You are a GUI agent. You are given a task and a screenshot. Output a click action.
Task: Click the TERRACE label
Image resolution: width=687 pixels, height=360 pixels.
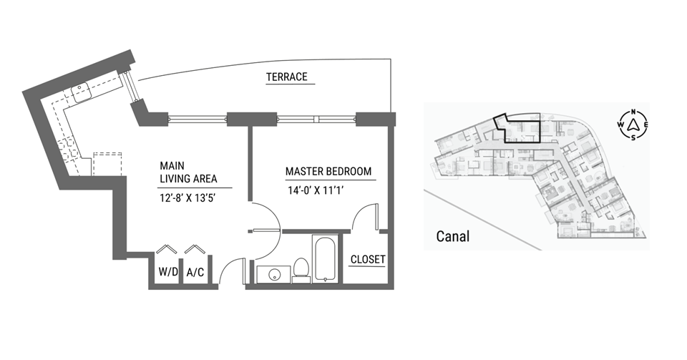pos(287,77)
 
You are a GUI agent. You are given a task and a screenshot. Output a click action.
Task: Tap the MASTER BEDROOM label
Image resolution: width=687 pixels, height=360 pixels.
pos(328,171)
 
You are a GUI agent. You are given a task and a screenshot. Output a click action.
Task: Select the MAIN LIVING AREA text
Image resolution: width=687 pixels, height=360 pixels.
pos(188,172)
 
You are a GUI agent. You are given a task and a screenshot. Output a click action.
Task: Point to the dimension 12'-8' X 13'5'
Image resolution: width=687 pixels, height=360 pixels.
pos(188,198)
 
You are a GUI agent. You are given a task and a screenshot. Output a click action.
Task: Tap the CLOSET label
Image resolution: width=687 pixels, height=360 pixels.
pos(368,259)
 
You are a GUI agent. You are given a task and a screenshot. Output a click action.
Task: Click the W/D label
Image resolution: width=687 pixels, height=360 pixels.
pos(168,272)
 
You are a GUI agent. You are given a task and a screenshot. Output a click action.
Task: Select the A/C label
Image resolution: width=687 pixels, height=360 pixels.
pos(195,273)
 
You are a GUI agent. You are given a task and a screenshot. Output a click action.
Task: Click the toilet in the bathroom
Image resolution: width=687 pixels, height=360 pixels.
pos(301,271)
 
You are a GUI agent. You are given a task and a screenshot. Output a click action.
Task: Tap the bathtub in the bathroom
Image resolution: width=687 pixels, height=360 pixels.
pos(325,259)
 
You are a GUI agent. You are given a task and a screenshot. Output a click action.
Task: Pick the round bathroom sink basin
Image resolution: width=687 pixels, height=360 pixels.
pos(274,275)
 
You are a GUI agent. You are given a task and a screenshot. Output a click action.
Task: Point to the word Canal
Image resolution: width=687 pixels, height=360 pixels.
pos(452,236)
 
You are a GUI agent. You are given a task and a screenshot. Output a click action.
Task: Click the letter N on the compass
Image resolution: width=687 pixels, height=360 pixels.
pos(633,112)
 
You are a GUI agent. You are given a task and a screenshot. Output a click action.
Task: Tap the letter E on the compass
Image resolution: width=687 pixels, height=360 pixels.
pos(645,125)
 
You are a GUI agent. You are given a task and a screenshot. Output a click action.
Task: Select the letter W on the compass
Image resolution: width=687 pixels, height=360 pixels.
pos(621,125)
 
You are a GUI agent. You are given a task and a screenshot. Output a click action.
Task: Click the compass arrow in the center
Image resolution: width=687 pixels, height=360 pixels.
pos(633,125)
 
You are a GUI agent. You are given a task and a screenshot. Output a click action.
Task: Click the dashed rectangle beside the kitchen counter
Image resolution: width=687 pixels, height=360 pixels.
pos(107,164)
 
